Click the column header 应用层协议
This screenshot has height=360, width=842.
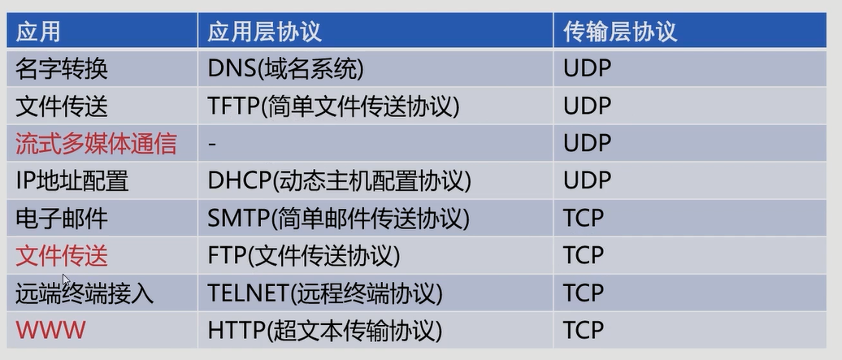click(265, 31)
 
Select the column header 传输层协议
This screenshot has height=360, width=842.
click(620, 31)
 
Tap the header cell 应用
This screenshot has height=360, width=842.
click(38, 31)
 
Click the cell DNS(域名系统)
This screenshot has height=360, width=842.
click(285, 69)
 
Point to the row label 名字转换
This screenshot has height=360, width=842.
click(62, 69)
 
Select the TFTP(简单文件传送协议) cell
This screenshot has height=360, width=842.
click(334, 106)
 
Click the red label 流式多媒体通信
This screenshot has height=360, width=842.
click(96, 144)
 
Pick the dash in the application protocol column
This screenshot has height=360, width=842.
click(212, 144)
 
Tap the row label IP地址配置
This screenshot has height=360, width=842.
click(72, 180)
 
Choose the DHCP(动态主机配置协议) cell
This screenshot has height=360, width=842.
click(340, 180)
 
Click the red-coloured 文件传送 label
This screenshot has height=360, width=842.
click(62, 255)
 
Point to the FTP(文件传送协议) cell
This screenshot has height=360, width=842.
click(304, 255)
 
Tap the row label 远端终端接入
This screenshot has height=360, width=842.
click(85, 293)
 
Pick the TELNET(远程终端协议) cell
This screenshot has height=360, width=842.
click(325, 293)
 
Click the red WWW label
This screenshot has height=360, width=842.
click(50, 330)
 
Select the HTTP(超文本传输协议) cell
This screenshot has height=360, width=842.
click(325, 330)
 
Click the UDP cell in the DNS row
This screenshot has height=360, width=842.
click(587, 69)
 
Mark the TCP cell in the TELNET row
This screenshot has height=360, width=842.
click(584, 293)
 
